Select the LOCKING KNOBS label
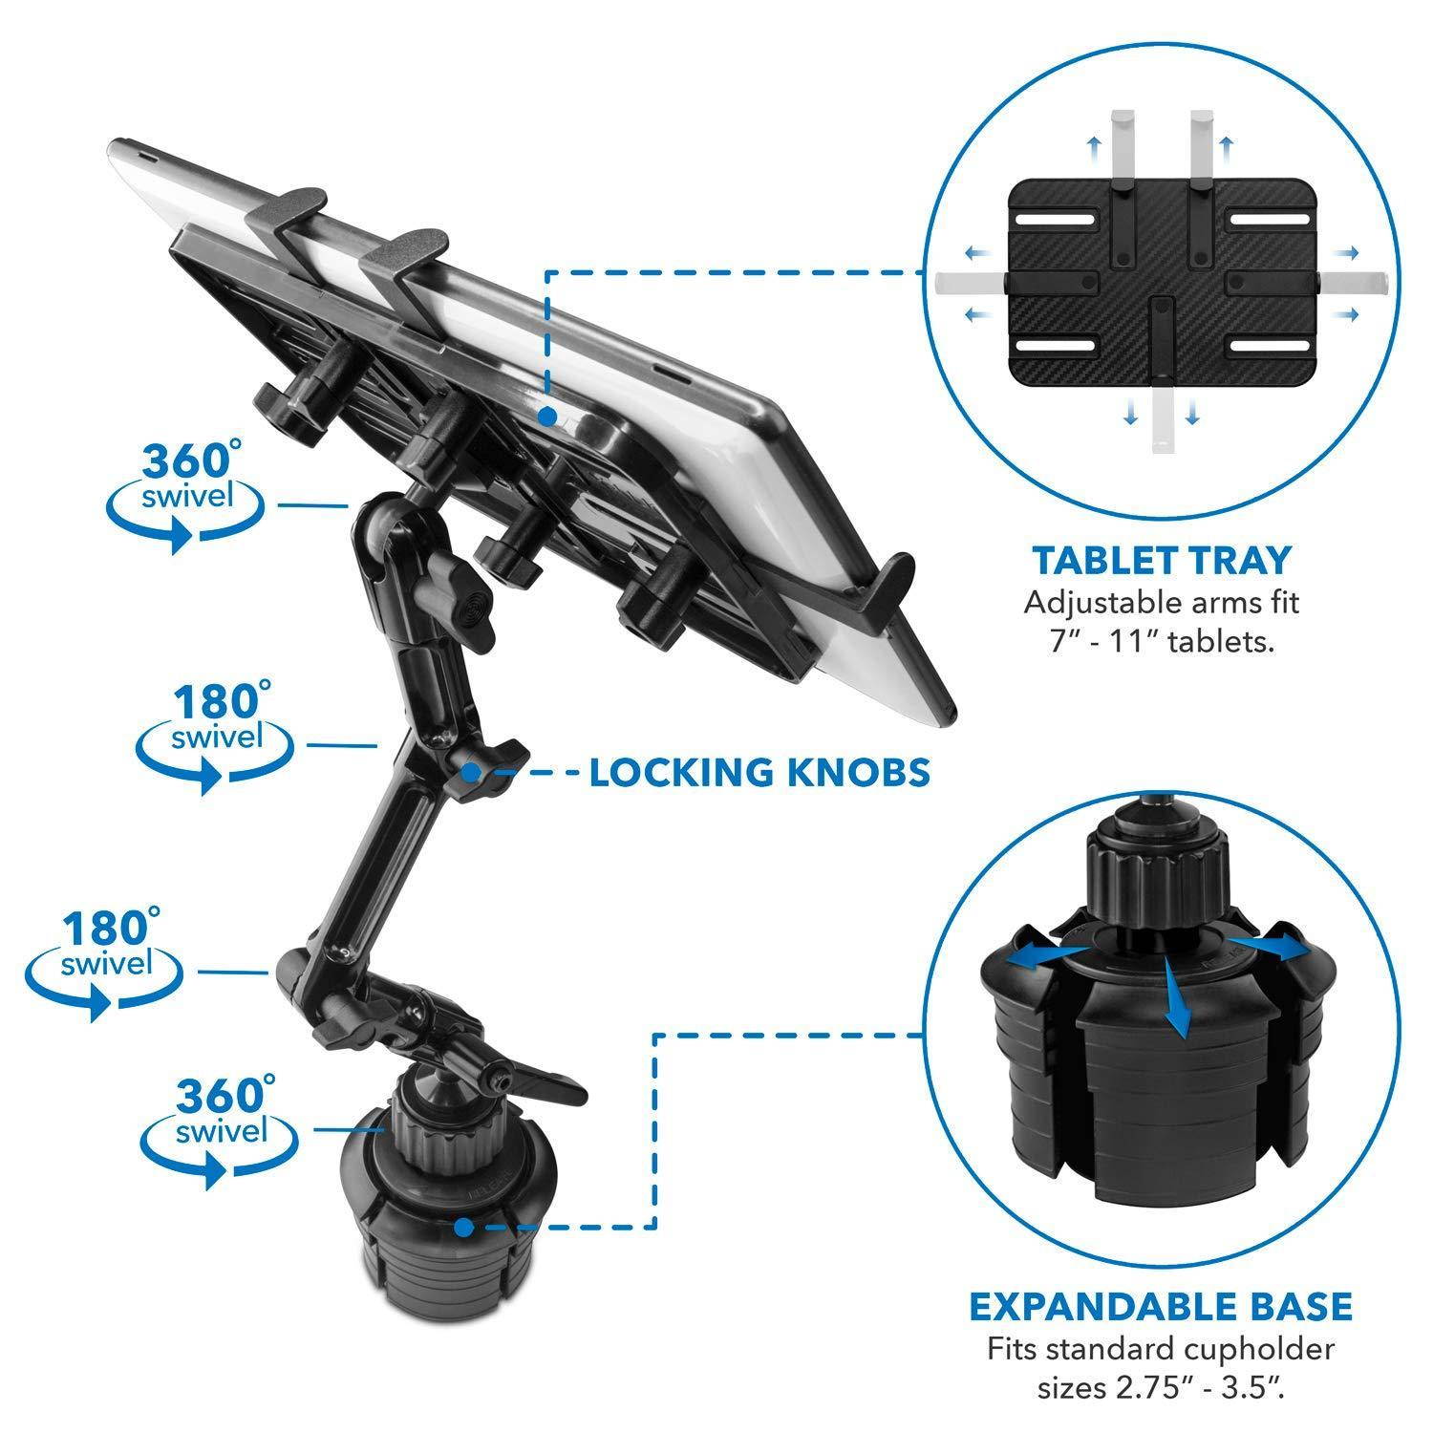(x=759, y=772)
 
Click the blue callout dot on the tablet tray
(x=546, y=417)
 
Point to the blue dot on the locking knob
(x=472, y=771)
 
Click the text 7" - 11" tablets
(x=1161, y=641)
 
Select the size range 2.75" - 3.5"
(x=1161, y=1382)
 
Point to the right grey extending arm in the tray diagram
(x=1350, y=283)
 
